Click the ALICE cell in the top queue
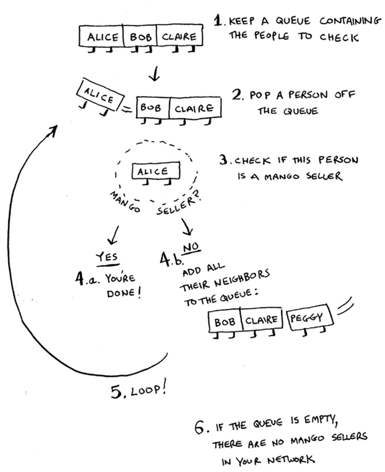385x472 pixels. (x=101, y=36)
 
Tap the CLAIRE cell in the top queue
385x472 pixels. (x=180, y=36)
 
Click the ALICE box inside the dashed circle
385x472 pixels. (x=156, y=171)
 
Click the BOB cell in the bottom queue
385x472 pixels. (x=224, y=322)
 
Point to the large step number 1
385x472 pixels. (x=218, y=21)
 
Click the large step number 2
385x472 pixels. (x=238, y=94)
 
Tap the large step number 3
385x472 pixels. (x=224, y=159)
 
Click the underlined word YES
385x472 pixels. (x=107, y=258)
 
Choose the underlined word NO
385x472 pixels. (x=191, y=248)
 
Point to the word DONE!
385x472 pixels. (x=124, y=293)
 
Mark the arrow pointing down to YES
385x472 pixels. (x=113, y=235)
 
